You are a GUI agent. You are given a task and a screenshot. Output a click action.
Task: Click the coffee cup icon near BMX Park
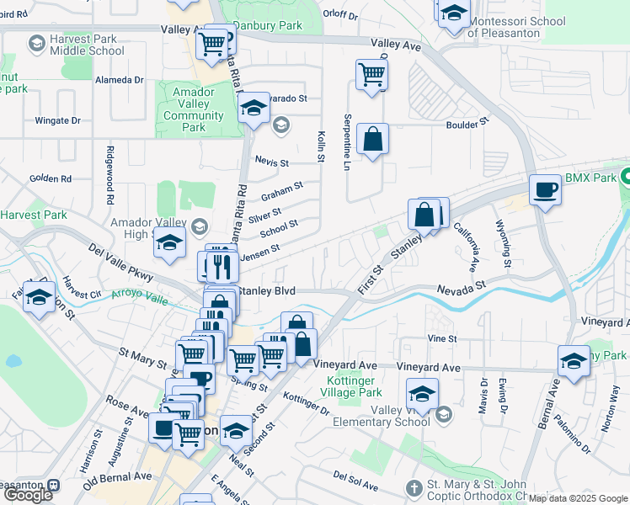click(545, 189)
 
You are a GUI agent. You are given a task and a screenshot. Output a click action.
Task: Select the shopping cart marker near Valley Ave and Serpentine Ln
click(371, 74)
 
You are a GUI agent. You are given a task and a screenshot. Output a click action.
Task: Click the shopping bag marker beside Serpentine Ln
click(372, 139)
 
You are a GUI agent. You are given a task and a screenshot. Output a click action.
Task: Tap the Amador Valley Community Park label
click(195, 110)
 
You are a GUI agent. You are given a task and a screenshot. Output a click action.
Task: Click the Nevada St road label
click(462, 289)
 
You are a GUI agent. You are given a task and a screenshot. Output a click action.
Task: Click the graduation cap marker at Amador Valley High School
click(169, 243)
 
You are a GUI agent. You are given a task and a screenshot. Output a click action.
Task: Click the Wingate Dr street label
click(57, 120)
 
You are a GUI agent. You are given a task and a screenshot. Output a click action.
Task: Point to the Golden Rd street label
click(51, 178)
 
